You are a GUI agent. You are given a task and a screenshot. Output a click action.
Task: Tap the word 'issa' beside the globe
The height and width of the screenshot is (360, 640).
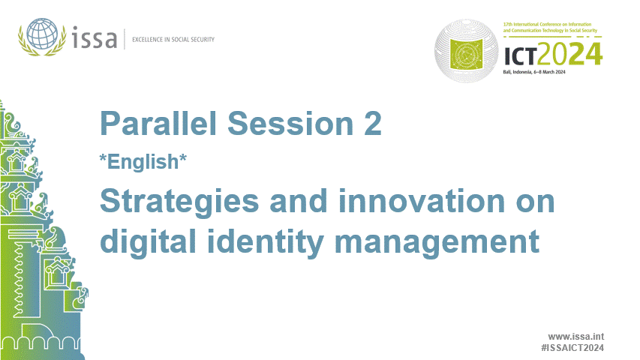coord(95,37)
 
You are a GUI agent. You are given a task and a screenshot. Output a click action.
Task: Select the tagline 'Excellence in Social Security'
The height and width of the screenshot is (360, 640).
coord(173,38)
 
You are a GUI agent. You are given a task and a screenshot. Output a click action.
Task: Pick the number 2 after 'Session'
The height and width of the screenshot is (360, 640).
coord(371,123)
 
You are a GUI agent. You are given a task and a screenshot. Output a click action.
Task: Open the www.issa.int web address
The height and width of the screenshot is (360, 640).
coord(576,337)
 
